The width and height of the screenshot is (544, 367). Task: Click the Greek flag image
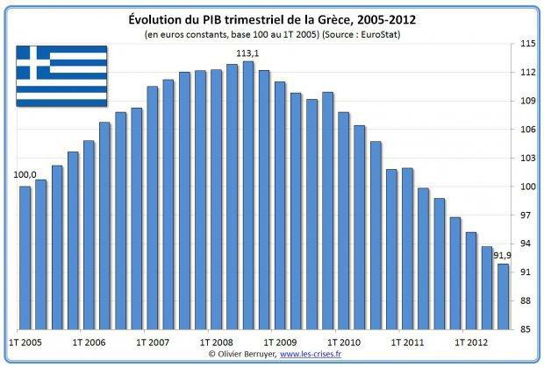61,75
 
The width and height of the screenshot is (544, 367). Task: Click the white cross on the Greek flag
34,61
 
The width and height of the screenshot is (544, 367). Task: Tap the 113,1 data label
248,53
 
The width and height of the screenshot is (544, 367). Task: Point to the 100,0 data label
25,175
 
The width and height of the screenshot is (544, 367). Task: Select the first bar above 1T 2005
25,258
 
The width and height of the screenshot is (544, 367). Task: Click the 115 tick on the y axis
527,43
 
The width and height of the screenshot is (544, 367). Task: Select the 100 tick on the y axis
527,187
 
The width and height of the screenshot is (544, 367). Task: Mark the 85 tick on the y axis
527,329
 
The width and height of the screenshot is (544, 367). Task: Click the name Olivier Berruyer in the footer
245,354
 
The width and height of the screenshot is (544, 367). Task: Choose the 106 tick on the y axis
527,130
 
